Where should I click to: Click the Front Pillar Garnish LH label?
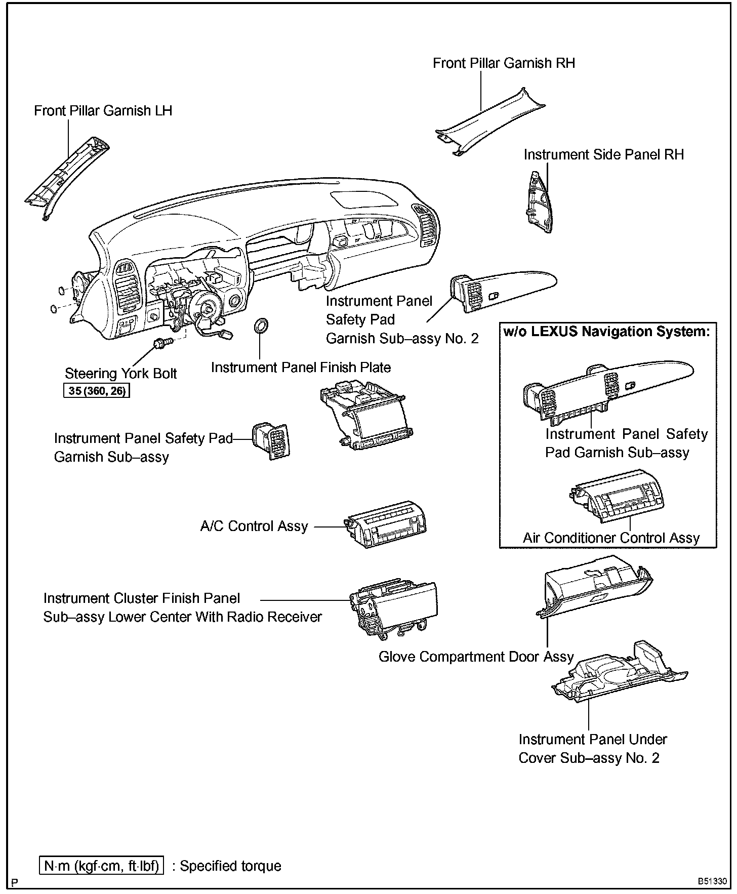click(x=103, y=110)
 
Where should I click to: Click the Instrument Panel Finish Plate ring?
click(x=261, y=327)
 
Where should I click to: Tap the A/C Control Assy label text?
click(x=254, y=526)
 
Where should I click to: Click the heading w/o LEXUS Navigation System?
click(x=607, y=332)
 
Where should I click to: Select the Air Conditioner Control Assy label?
click(x=611, y=538)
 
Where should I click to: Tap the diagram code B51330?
click(x=713, y=881)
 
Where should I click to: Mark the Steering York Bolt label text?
click(x=120, y=374)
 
